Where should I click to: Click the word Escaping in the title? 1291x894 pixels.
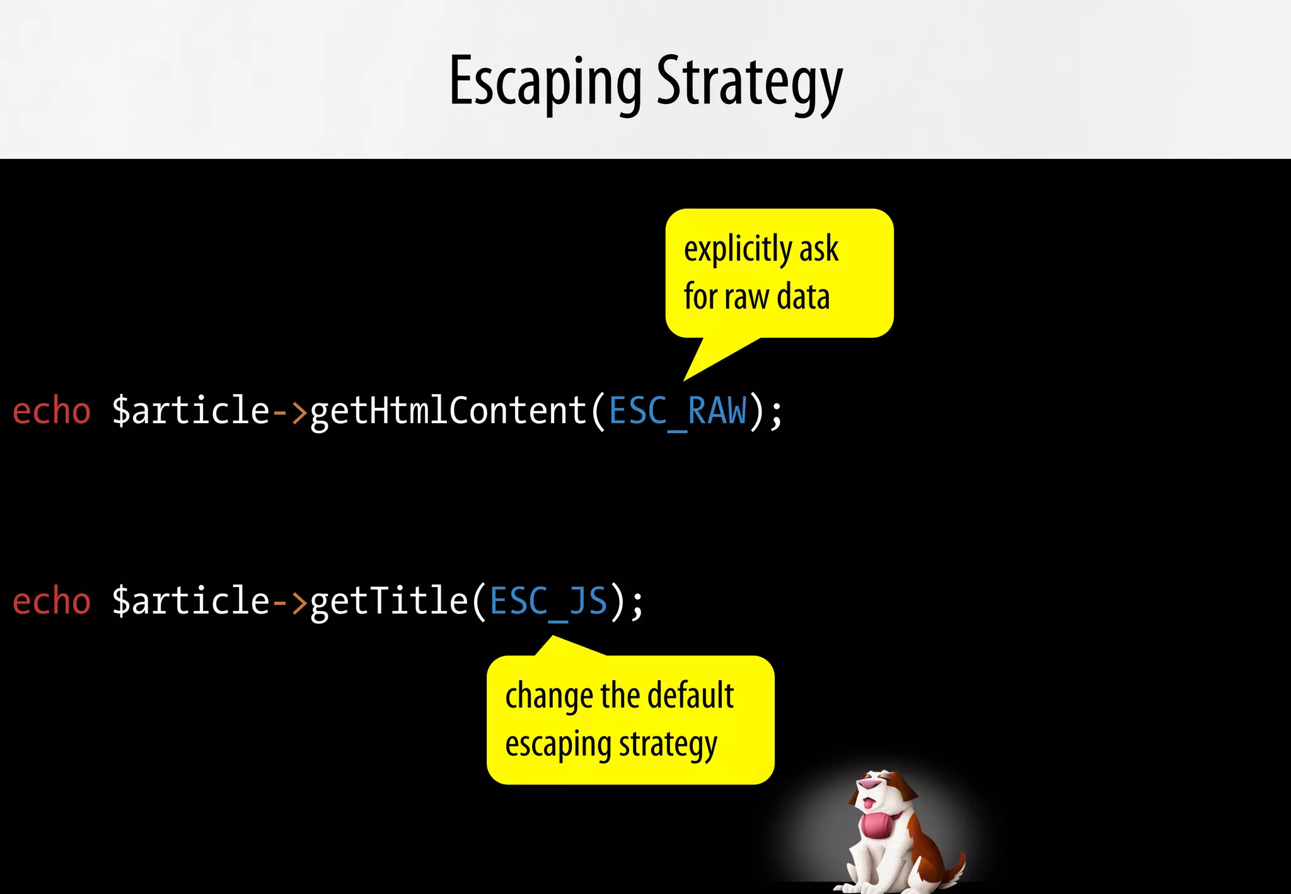point(545,82)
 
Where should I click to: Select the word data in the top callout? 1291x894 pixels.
point(803,297)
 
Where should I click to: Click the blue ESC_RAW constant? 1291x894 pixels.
point(678,411)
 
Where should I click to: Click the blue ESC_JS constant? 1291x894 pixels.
point(548,601)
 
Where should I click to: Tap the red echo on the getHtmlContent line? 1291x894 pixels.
point(52,411)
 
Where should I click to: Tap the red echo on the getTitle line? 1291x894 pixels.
point(52,601)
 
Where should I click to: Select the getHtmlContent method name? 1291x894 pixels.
point(449,411)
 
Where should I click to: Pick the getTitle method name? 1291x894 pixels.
point(389,601)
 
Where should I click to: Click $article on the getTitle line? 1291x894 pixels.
point(191,601)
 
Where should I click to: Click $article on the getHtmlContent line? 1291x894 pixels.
point(191,411)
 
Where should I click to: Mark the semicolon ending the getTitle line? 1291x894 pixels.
point(637,604)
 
